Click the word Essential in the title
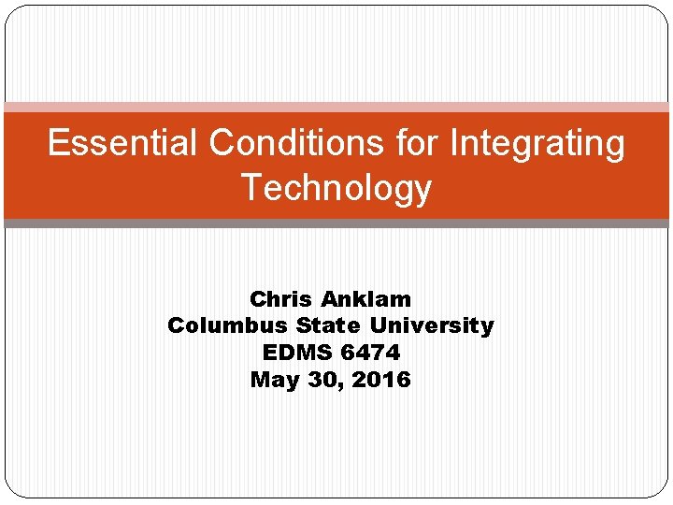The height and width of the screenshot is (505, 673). tap(123, 144)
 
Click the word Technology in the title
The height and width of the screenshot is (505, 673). tap(336, 189)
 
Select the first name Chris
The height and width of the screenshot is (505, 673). tap(280, 299)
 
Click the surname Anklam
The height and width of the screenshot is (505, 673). tap(365, 299)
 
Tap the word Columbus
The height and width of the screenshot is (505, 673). tap(228, 325)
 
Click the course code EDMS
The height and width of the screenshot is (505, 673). tap(298, 353)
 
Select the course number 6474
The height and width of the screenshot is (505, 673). tap(371, 353)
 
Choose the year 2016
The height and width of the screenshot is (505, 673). tap(381, 380)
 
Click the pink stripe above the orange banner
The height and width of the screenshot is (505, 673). tap(336, 108)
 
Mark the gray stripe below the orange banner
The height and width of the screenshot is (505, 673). tap(336, 224)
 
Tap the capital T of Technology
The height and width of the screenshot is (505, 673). tap(251, 187)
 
